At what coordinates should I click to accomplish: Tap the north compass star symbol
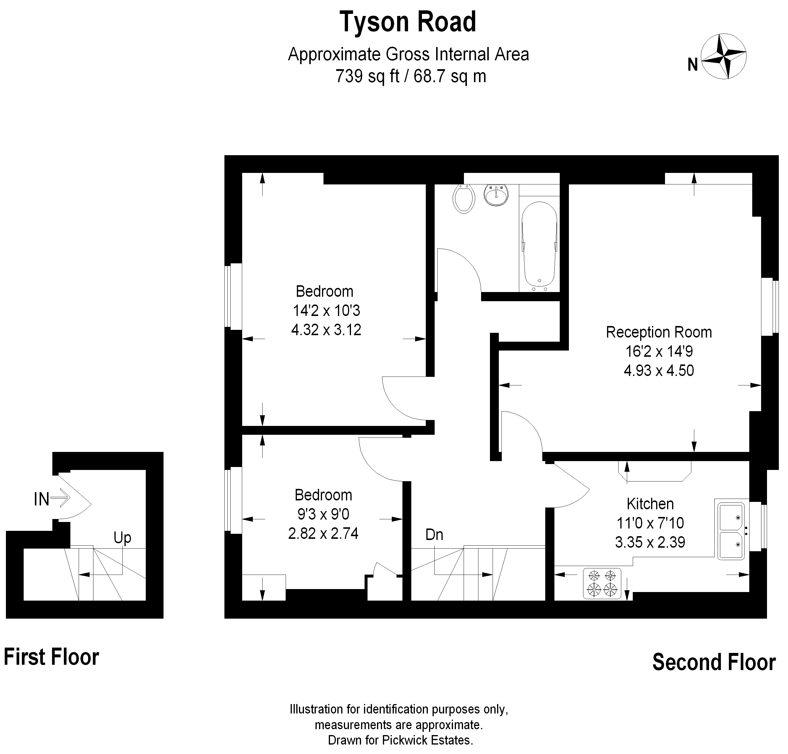click(x=723, y=56)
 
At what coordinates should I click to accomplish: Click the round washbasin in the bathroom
click(x=496, y=195)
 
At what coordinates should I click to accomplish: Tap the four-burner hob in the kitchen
click(x=602, y=583)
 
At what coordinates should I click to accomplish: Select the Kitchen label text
click(x=650, y=504)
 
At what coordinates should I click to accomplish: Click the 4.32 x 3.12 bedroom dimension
click(x=326, y=330)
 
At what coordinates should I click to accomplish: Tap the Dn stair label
click(x=434, y=535)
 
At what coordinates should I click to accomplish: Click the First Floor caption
click(x=51, y=657)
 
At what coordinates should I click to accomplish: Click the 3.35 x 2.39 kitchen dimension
click(x=650, y=542)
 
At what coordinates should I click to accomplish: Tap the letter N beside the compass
click(x=692, y=65)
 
